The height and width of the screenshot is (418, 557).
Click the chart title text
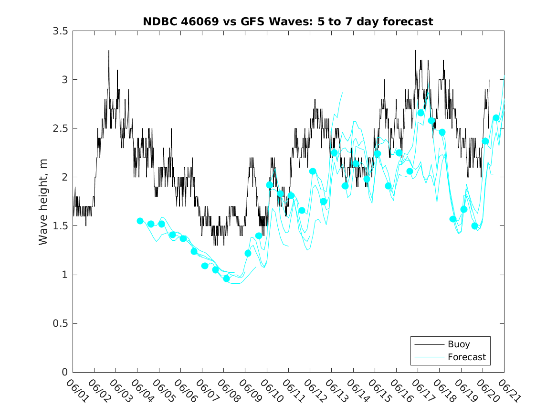point(288,22)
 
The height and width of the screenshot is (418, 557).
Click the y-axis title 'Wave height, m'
point(43,202)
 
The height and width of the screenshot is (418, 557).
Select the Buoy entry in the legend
point(458,344)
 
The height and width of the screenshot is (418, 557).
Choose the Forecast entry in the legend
point(466,357)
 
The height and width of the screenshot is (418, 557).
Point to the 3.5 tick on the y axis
point(59,31)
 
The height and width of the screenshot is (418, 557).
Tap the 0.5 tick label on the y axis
point(59,324)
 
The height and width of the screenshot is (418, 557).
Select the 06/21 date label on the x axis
point(509,390)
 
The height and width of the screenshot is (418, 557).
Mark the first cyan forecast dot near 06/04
point(140,221)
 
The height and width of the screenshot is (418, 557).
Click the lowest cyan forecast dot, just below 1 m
point(226,278)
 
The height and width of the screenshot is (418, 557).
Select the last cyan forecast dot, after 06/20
point(496,118)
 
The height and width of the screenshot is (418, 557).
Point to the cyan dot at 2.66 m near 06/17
point(420,113)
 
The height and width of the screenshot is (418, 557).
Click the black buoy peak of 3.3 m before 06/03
point(109,51)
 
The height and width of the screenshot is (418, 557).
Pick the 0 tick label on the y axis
point(64,373)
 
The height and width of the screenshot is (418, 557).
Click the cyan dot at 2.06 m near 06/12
point(313,171)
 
